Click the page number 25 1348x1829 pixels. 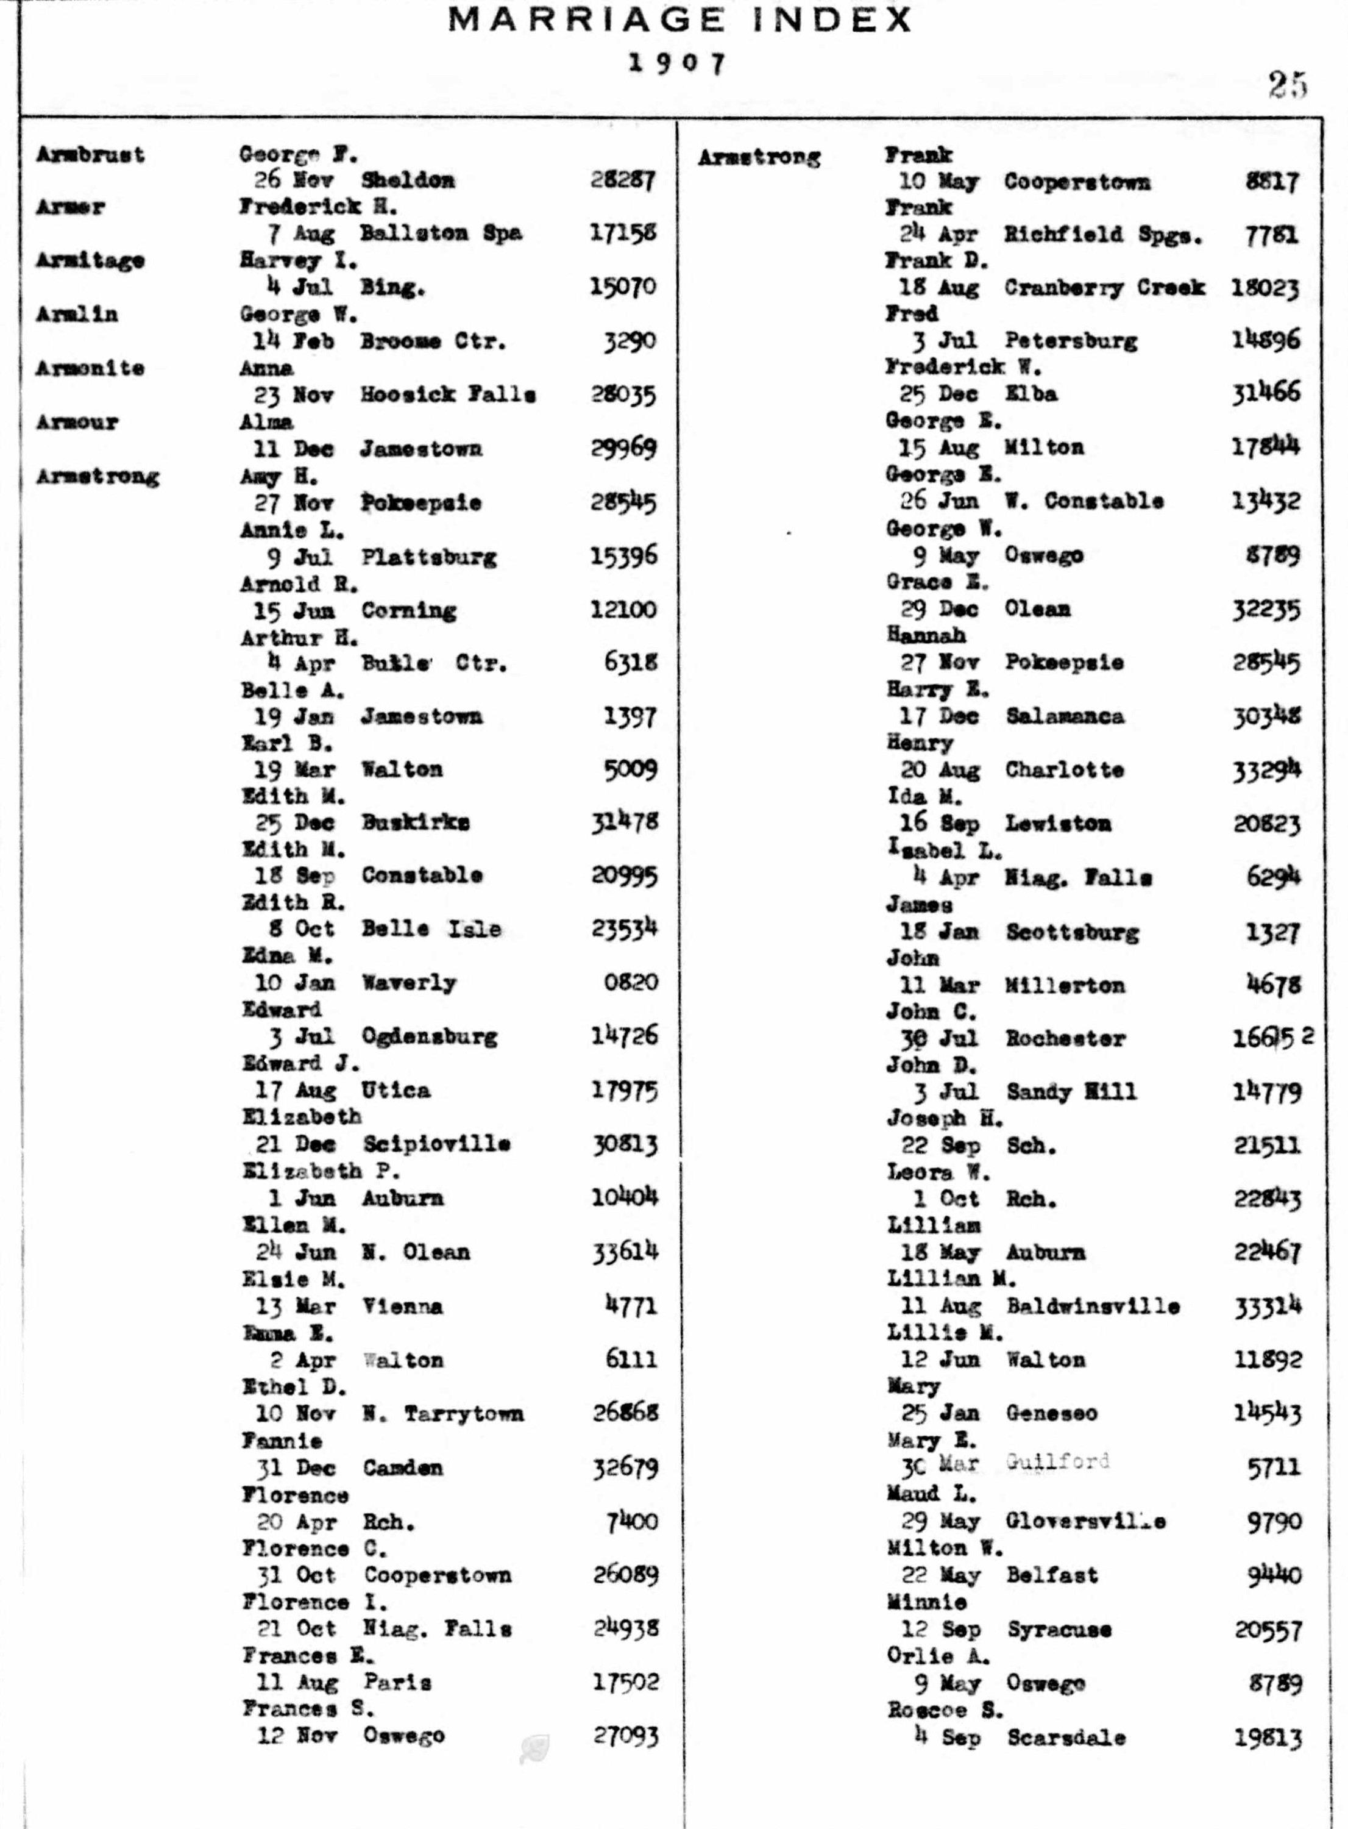(x=1288, y=84)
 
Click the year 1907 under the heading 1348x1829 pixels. (x=676, y=63)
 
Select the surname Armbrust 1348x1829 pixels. (x=91, y=154)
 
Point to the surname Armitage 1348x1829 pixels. (x=91, y=260)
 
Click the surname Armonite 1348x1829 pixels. (x=91, y=368)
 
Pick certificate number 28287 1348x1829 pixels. (x=623, y=180)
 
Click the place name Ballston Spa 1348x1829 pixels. (x=441, y=234)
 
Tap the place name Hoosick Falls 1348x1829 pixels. (x=448, y=395)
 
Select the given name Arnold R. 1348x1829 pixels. (x=299, y=583)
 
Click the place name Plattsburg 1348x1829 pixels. (x=429, y=557)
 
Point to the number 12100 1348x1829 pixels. (x=623, y=610)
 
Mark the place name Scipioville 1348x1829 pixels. (x=436, y=1144)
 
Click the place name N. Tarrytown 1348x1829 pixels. (x=443, y=1414)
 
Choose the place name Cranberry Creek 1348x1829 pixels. (x=1105, y=287)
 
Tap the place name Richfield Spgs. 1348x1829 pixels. (x=1103, y=235)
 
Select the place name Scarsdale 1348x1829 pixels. (x=1066, y=1738)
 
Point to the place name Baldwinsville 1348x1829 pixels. (x=1093, y=1306)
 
